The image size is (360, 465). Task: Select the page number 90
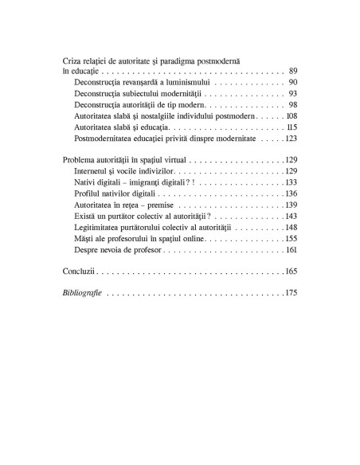(x=292, y=82)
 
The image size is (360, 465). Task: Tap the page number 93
(x=292, y=93)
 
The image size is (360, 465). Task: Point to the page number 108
(x=291, y=115)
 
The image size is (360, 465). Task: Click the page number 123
(x=290, y=138)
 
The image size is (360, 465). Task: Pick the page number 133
(x=290, y=182)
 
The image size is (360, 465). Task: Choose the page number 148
(x=290, y=227)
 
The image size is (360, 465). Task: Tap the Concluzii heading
(x=78, y=272)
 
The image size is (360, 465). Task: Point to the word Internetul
(x=90, y=171)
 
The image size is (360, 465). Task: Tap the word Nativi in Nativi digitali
(x=82, y=182)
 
